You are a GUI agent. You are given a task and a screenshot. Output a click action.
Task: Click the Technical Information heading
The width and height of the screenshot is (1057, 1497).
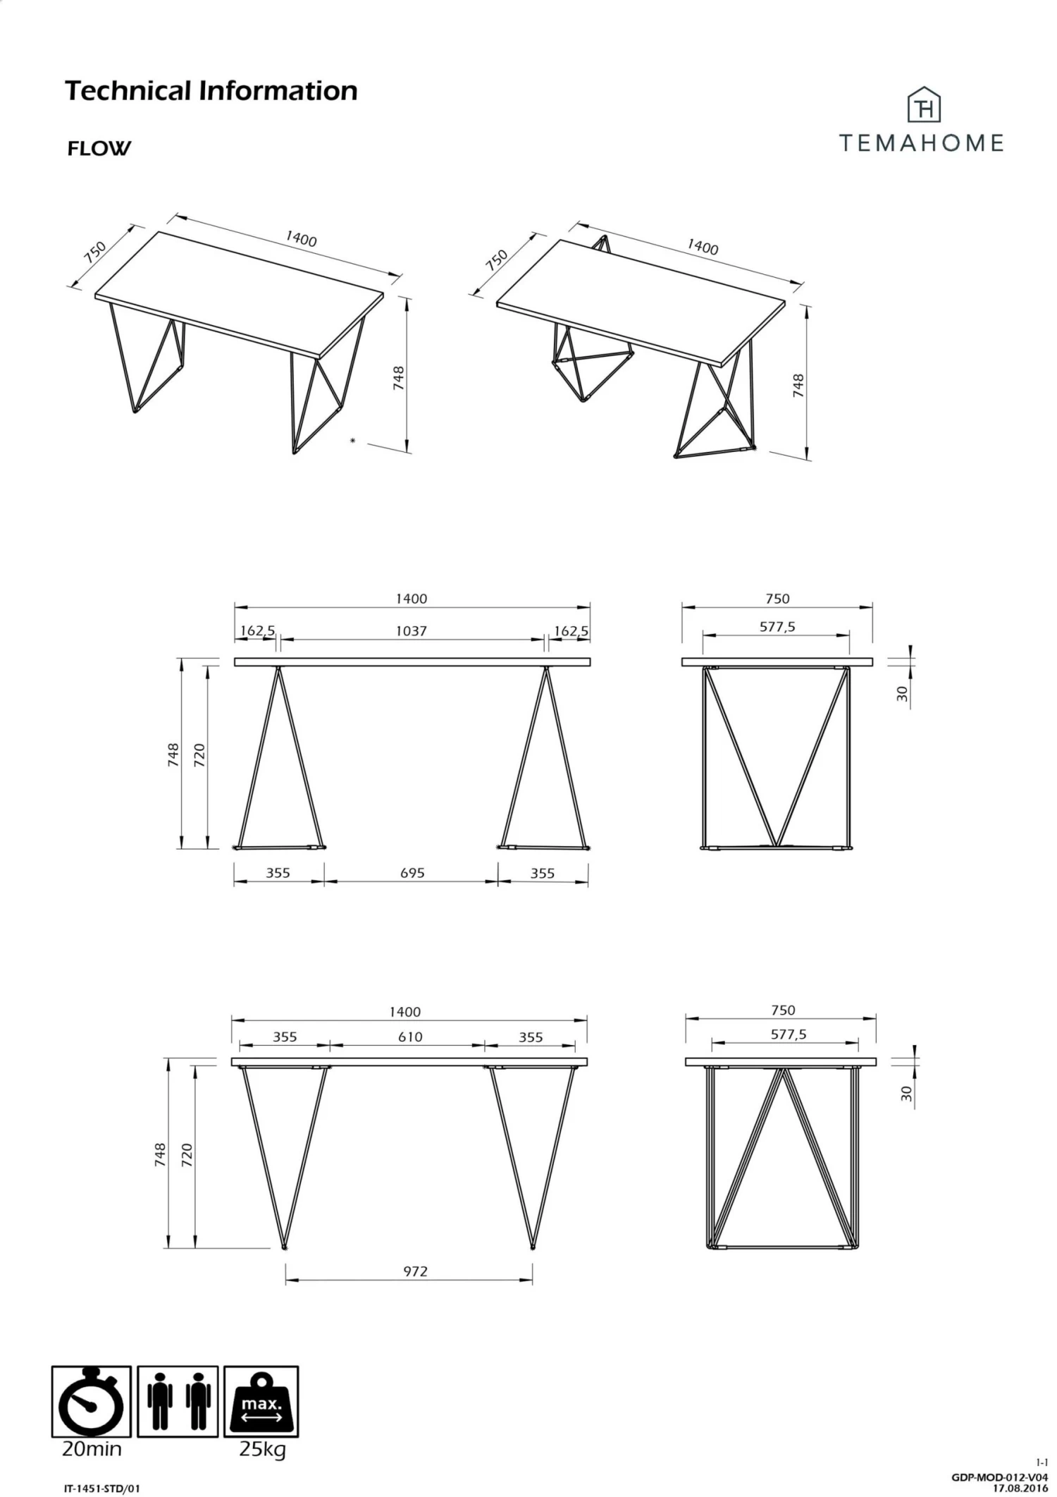click(x=211, y=91)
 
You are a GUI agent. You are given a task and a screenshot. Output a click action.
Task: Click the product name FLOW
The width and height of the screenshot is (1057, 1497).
click(x=99, y=148)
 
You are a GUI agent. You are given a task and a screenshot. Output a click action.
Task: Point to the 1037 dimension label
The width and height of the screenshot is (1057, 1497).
click(x=411, y=631)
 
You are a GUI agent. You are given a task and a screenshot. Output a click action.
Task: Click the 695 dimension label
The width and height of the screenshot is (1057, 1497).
click(x=412, y=873)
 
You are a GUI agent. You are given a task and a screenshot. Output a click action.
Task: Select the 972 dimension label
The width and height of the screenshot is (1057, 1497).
click(x=415, y=1271)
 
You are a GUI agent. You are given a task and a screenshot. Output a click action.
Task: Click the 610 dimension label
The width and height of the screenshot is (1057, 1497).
click(x=410, y=1037)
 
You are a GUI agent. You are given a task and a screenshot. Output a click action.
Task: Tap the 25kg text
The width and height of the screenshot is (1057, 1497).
click(x=262, y=1450)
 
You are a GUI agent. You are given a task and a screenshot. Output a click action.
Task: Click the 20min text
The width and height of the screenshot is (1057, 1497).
click(x=92, y=1450)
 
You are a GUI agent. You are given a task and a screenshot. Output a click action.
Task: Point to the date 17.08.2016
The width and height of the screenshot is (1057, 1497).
click(x=1020, y=1489)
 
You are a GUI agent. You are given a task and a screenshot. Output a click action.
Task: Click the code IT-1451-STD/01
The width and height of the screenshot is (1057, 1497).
click(x=102, y=1489)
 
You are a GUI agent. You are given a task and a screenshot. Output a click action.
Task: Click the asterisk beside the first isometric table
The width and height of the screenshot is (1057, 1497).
click(x=353, y=441)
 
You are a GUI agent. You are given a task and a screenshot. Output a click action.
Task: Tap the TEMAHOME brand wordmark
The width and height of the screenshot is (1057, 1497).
click(x=921, y=143)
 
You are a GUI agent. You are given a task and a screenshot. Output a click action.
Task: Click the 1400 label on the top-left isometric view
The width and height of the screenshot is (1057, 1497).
click(x=301, y=239)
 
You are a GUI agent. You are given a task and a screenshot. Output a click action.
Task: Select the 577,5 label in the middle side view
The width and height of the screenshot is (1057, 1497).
click(x=777, y=626)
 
